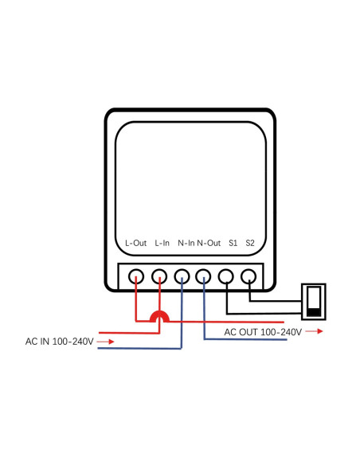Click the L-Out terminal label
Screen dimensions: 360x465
click(x=136, y=243)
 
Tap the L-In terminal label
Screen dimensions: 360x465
click(x=162, y=243)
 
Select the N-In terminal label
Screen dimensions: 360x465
click(x=186, y=243)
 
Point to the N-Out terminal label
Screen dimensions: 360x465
click(x=209, y=243)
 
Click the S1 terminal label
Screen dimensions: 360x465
click(x=233, y=243)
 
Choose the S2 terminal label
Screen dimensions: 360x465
click(x=250, y=243)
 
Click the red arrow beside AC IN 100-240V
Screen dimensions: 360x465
click(x=106, y=342)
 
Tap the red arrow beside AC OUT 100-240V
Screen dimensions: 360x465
click(x=315, y=331)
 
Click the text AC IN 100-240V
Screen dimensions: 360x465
click(x=60, y=342)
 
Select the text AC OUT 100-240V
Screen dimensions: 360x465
click(x=263, y=332)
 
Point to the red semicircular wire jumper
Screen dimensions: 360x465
click(x=159, y=312)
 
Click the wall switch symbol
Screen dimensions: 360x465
click(x=303, y=302)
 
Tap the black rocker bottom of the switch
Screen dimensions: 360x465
click(x=314, y=313)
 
